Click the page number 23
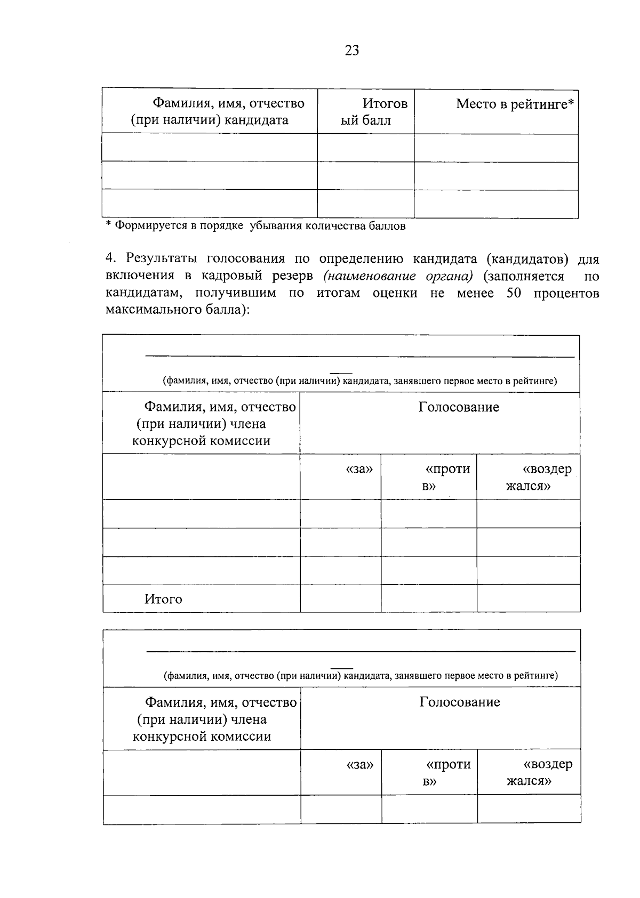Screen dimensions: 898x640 [352, 51]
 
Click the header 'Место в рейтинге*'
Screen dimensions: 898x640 [515, 104]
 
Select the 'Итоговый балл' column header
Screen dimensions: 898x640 [373, 111]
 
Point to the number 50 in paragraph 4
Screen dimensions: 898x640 [513, 293]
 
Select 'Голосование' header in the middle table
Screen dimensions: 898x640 [459, 408]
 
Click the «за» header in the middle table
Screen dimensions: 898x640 [359, 470]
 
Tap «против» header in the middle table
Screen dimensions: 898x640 [447, 477]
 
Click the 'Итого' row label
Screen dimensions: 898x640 [163, 600]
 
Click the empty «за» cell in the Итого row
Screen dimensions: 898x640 [340, 598]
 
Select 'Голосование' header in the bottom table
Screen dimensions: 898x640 [459, 702]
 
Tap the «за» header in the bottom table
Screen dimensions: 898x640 [359, 765]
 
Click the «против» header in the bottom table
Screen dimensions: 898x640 [447, 773]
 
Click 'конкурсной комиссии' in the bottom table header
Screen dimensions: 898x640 [202, 737]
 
